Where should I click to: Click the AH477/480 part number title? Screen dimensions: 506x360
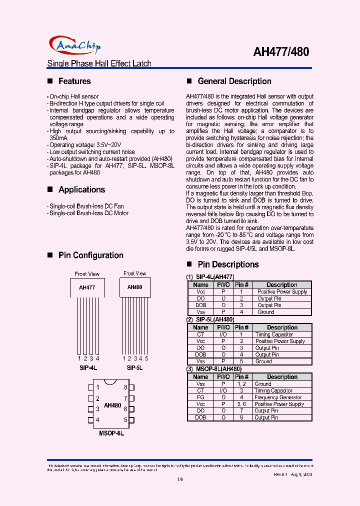coord(281,51)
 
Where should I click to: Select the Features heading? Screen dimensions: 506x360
coord(74,81)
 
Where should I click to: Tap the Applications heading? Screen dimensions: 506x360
coord(81,189)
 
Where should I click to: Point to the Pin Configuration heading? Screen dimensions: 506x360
coord(90,255)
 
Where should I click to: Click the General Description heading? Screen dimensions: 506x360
coord(234,81)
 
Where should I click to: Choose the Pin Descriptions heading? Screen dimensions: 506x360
coord(228,264)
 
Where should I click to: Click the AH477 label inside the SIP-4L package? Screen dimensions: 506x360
coord(87,287)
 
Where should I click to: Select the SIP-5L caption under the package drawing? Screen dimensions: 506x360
coord(134,367)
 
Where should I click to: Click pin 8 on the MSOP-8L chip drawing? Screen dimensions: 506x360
coord(125,387)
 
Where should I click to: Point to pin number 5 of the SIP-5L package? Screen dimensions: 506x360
coord(147,358)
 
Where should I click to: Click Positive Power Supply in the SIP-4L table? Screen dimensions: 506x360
coord(282,291)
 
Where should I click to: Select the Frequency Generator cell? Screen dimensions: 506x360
coord(278,397)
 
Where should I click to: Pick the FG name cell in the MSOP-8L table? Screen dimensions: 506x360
coord(200,397)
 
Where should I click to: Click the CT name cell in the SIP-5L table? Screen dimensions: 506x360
coord(200,334)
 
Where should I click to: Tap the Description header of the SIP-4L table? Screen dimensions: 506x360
coord(282,285)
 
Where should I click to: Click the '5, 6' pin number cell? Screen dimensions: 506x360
coord(241,404)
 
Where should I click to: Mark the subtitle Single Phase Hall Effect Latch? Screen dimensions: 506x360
coord(99,63)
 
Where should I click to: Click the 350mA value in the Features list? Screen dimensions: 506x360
coord(58,137)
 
